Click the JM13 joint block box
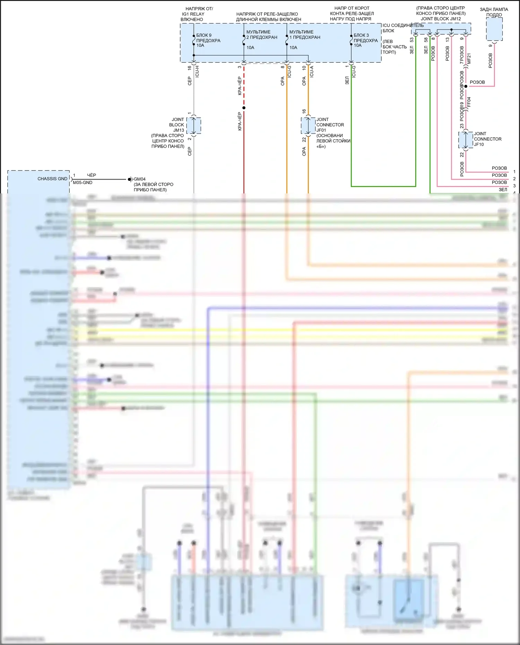coord(194,125)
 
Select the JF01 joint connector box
coord(308,125)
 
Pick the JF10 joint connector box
coord(466,140)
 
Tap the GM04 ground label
coord(139,179)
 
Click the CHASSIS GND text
coord(52,179)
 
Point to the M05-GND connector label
coord(83,183)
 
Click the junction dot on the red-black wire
coord(244,108)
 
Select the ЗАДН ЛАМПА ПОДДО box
coord(494,29)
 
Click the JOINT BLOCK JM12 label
coord(441,19)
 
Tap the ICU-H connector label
coord(197,71)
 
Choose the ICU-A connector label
coord(312,71)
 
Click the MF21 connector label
coord(469,58)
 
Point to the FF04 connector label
coord(469,102)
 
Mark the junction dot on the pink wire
coord(466,86)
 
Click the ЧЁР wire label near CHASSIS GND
coord(92,175)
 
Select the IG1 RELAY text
coord(193,14)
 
